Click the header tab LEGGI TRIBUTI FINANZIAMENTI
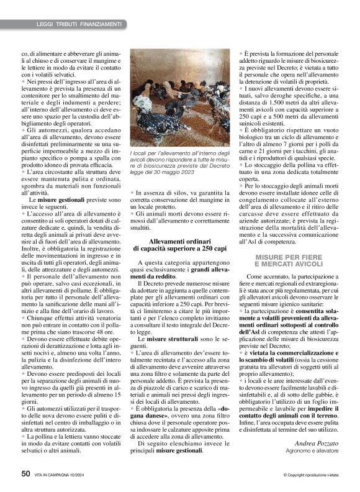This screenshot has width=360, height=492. [x=79, y=24]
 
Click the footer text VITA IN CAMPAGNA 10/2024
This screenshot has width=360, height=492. [x=60, y=475]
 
